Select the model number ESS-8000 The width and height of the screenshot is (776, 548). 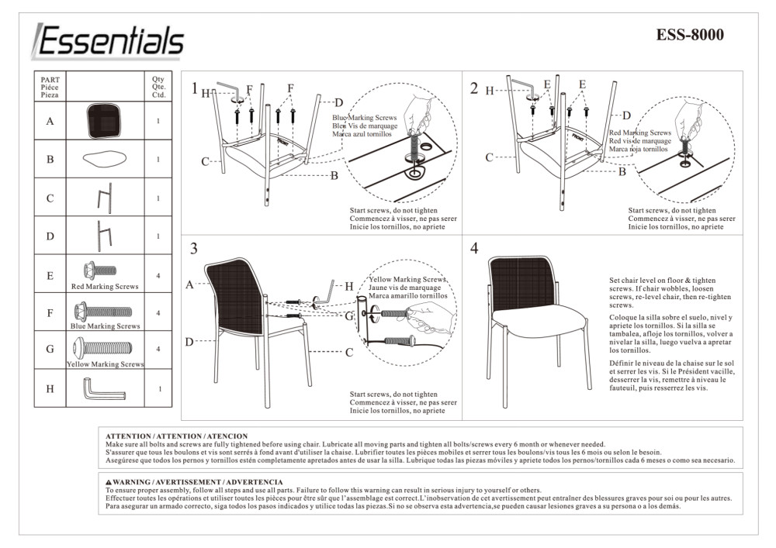pyautogui.click(x=689, y=35)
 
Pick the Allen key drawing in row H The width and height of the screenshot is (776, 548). pyautogui.click(x=101, y=388)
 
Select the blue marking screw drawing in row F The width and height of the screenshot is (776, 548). pyautogui.click(x=102, y=312)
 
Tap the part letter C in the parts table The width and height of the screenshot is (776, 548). pyautogui.click(x=50, y=198)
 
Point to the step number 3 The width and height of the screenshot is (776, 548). pyautogui.click(x=194, y=249)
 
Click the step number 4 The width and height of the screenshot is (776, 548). pyautogui.click(x=474, y=249)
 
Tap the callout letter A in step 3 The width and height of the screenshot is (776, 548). pyautogui.click(x=189, y=284)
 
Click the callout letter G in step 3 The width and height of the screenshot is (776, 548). pyautogui.click(x=349, y=315)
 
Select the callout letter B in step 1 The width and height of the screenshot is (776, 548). pyautogui.click(x=334, y=176)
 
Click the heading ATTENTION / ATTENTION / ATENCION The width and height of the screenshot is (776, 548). pyautogui.click(x=176, y=436)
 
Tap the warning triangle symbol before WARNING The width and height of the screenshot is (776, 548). pyautogui.click(x=109, y=482)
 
